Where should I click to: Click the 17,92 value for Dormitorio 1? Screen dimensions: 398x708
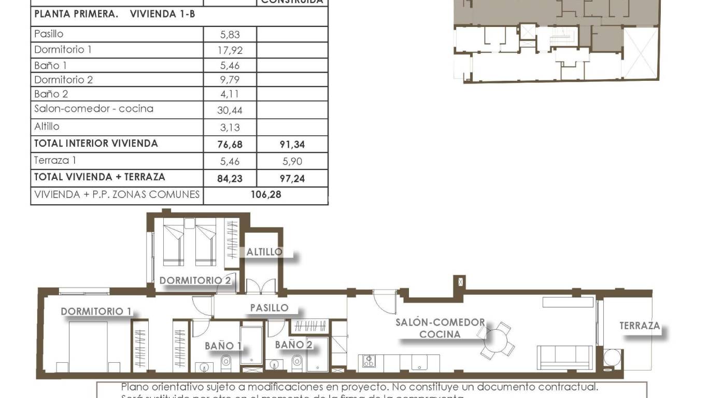(230, 51)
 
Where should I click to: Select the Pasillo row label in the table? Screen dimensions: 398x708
(49, 34)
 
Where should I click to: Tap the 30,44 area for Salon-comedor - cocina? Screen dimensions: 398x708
(230, 110)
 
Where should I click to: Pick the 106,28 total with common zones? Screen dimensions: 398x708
(265, 195)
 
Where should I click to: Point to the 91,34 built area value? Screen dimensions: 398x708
(292, 145)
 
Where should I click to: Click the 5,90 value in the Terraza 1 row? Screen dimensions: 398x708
(292, 161)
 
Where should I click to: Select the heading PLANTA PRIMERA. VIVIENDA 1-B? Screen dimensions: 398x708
(115, 14)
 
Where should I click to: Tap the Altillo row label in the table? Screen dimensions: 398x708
(47, 126)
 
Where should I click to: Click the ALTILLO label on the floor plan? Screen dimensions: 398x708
(264, 252)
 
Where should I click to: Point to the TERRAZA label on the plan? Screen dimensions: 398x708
(640, 326)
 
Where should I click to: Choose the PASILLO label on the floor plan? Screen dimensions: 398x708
(269, 308)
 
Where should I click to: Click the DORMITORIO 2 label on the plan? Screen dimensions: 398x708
(195, 280)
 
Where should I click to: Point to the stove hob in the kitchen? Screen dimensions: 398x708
(369, 361)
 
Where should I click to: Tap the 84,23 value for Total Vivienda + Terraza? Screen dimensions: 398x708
(230, 178)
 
